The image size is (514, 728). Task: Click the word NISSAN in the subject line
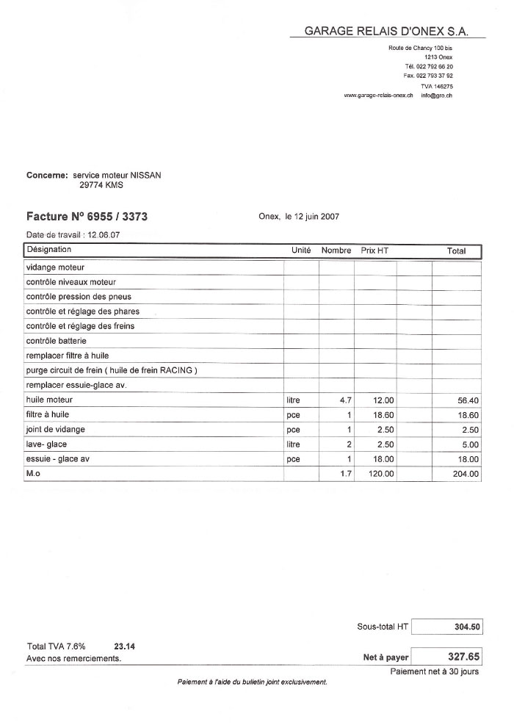tap(145, 176)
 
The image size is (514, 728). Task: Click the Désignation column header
tap(48, 251)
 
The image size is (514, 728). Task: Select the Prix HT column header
tap(374, 251)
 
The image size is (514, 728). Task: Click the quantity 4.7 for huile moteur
tap(346, 400)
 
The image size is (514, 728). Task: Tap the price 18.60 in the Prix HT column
tap(383, 415)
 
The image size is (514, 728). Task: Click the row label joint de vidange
tap(55, 430)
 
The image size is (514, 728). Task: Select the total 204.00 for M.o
tap(466, 475)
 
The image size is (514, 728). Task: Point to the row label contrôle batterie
tap(56, 341)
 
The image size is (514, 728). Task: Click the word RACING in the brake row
tap(176, 370)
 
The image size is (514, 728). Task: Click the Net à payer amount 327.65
tap(463, 657)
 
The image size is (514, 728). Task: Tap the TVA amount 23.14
tap(125, 646)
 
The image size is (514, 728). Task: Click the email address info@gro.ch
tap(437, 95)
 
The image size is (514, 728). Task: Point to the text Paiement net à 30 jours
tap(435, 671)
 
